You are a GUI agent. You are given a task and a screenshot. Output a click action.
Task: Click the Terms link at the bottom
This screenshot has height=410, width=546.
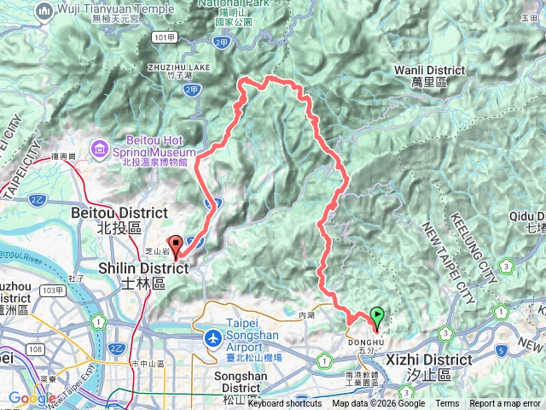447,404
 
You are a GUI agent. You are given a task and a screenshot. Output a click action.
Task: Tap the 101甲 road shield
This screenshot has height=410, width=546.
166,38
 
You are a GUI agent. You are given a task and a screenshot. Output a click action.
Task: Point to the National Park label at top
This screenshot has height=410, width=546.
233,3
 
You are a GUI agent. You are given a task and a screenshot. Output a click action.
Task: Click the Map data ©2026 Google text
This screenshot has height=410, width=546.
378,404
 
